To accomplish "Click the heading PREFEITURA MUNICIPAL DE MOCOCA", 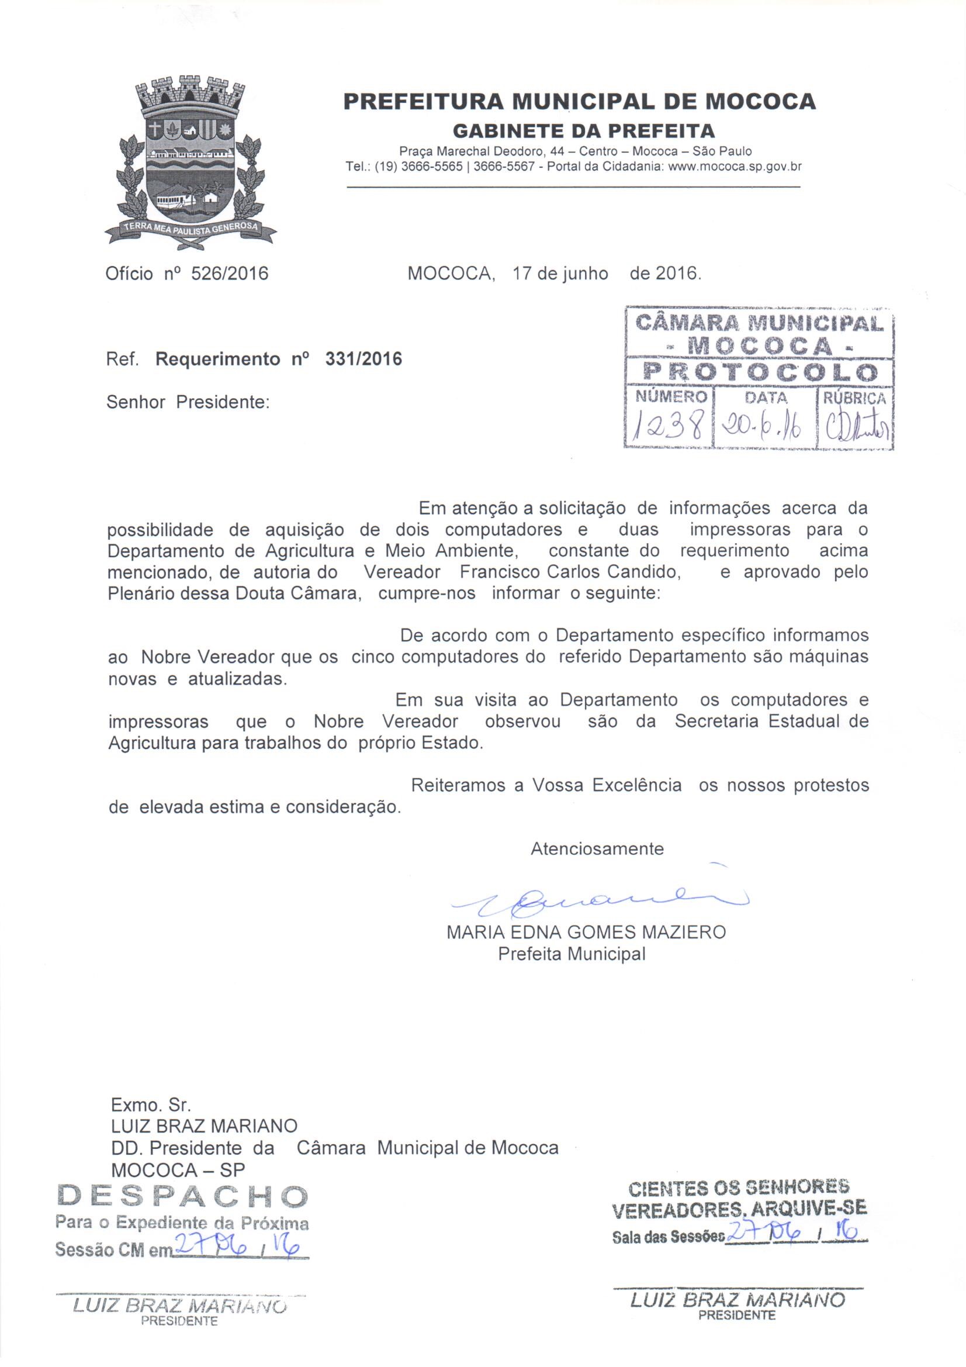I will (579, 102).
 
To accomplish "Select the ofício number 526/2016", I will (229, 273).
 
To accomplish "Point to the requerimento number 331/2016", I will (363, 359).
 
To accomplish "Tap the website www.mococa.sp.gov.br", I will (735, 167).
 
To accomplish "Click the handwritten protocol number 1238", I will (669, 427).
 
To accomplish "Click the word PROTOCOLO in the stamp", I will (761, 372).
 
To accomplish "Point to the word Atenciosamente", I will (597, 848).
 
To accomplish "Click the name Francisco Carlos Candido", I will (570, 572).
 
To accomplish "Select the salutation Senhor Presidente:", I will (188, 402).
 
